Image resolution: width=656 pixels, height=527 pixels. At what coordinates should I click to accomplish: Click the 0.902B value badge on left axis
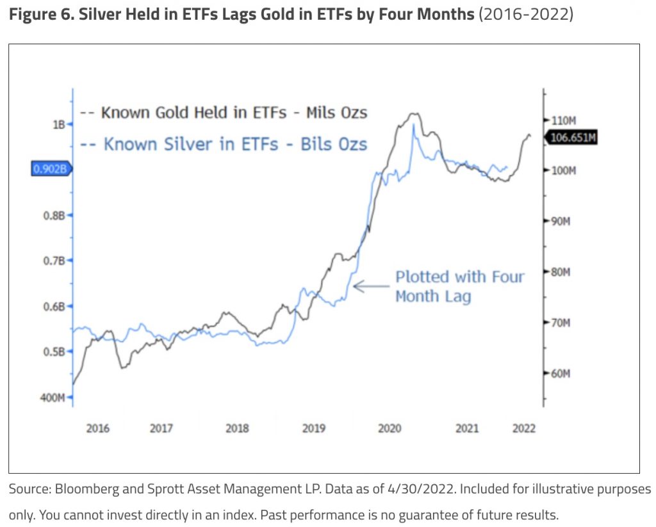pyautogui.click(x=51, y=169)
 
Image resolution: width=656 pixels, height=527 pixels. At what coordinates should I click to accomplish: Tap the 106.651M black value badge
pyautogui.click(x=570, y=137)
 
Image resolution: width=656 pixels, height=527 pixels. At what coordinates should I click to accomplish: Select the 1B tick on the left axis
pyautogui.click(x=60, y=124)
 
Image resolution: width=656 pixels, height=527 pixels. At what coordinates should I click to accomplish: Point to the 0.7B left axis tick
pyautogui.click(x=56, y=261)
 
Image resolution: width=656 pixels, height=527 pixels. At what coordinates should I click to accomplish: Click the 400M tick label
pyautogui.click(x=53, y=397)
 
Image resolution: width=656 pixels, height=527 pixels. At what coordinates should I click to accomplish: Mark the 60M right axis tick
pyautogui.click(x=559, y=373)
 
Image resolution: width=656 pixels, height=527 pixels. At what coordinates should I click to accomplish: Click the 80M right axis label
pyautogui.click(x=559, y=272)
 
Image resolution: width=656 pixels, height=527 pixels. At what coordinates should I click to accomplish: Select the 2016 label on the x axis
pyautogui.click(x=98, y=428)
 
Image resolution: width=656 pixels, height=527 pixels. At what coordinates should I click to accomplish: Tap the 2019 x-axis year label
pyautogui.click(x=314, y=428)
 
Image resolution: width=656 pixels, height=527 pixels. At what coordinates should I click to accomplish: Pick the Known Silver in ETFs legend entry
pyautogui.click(x=224, y=144)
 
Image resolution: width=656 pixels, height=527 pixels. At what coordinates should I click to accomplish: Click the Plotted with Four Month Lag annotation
pyautogui.click(x=459, y=286)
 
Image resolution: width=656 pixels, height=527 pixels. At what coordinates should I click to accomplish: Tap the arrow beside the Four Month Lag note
pyautogui.click(x=371, y=286)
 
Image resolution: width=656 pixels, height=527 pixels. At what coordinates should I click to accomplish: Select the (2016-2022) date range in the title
pyautogui.click(x=526, y=13)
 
